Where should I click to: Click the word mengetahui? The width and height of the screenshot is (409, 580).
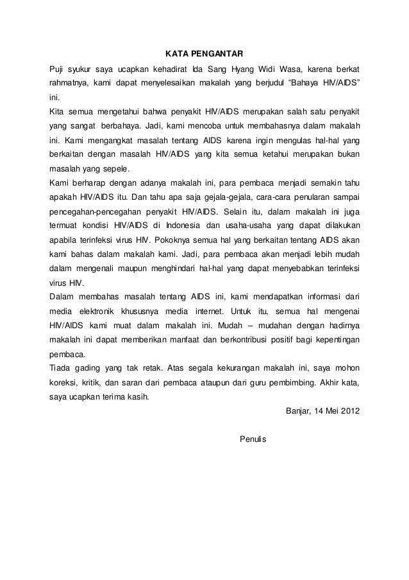click(x=115, y=112)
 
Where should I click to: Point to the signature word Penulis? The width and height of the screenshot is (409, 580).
click(x=252, y=440)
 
